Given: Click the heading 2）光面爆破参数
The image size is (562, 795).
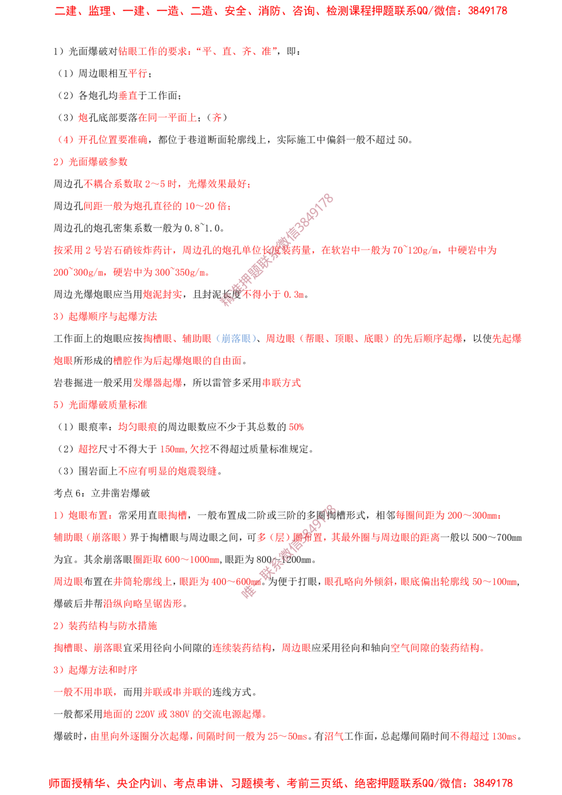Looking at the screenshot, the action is click(x=90, y=162).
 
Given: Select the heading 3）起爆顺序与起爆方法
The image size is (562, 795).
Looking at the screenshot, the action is click(x=106, y=316).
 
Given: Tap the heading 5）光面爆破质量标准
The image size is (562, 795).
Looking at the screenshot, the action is click(x=101, y=405).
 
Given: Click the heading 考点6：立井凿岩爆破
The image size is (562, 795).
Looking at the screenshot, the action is click(x=102, y=493).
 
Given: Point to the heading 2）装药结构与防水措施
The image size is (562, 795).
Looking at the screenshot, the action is click(x=106, y=625).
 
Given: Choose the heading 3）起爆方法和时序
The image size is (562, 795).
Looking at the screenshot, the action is click(x=96, y=670).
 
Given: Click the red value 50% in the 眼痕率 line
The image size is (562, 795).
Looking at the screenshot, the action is click(x=296, y=427).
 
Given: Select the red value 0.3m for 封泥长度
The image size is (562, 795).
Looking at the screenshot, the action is click(x=294, y=295).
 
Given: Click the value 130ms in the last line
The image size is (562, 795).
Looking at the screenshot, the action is click(x=504, y=737).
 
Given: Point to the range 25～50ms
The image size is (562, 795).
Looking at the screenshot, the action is click(x=287, y=737).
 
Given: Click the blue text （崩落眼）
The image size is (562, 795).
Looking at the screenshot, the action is click(x=235, y=338).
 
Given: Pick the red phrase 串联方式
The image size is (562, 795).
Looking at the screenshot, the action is click(x=282, y=382).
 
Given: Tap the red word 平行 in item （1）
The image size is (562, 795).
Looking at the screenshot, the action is click(x=138, y=74).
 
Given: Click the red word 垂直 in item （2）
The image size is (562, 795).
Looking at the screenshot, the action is click(x=128, y=96).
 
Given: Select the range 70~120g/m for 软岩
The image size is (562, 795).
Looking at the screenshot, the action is click(x=415, y=251).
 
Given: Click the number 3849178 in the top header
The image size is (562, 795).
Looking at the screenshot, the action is click(x=487, y=11).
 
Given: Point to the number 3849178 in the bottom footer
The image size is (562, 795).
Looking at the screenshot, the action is click(x=493, y=783).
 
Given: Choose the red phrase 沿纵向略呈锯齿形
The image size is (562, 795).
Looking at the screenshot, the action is click(x=143, y=603).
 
